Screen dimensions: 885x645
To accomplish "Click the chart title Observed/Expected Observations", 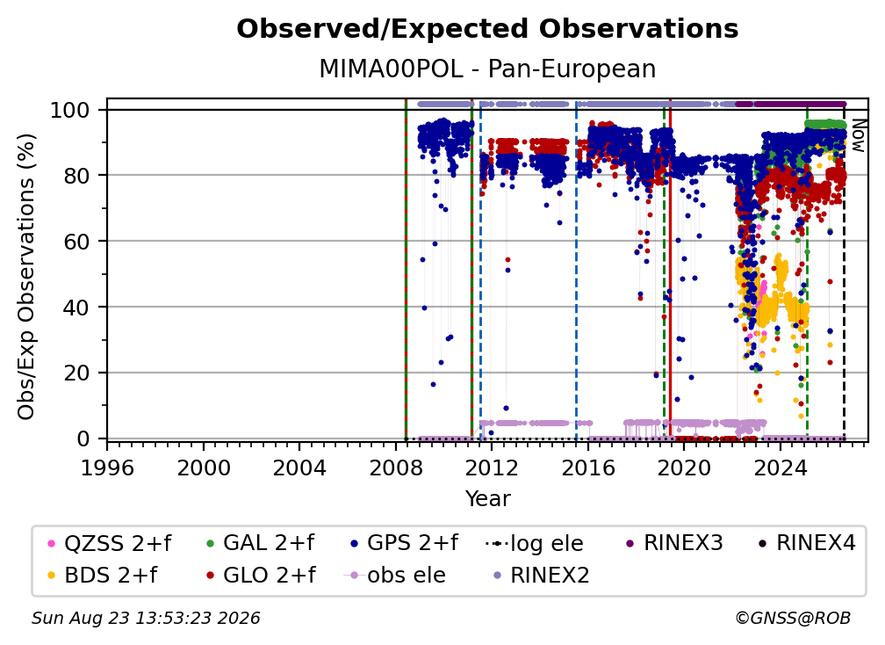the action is pos(487,29).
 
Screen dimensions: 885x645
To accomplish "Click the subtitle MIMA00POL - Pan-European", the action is pos(487,69).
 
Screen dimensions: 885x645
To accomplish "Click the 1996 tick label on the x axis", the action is pos(107,468).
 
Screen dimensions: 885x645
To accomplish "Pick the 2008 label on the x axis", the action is pos(396,468).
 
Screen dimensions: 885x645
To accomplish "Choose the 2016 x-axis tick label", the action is pos(588,468).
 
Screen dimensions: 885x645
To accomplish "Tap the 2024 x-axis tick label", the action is pos(780,468).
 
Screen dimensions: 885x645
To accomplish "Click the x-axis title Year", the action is pos(487,499).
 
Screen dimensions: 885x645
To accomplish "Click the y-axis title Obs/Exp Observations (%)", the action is pos(26,276).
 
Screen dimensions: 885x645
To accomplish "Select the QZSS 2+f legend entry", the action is pos(110,543).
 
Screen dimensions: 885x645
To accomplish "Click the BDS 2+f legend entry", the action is pos(103,575).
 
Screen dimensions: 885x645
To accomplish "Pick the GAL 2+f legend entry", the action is pos(261,543).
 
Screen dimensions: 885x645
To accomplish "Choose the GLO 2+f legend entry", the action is pos(261,575).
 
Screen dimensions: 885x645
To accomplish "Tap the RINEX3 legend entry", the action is pos(675,543).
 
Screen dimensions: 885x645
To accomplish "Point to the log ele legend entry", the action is pos(534,543).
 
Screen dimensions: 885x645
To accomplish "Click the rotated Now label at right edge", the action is pos(858,136).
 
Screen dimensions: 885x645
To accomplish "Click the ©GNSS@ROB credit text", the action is pos(793,618).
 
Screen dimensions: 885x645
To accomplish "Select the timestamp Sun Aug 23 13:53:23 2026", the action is pos(146,618).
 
